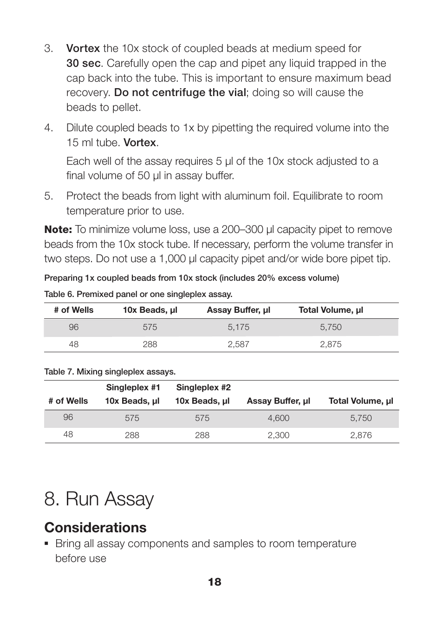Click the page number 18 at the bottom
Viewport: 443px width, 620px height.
coord(215,582)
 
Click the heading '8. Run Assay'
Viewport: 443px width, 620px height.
coord(99,499)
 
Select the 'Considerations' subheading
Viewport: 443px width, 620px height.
coord(95,528)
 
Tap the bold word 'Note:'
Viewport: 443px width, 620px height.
coord(58,229)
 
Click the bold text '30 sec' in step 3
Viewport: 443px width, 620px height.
coord(83,63)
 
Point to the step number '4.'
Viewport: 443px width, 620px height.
coord(49,128)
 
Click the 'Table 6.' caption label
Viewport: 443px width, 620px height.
coord(59,294)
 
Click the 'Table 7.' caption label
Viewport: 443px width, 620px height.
coord(59,372)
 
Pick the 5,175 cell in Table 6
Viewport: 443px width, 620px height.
coord(238,327)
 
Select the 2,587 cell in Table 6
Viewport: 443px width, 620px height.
coord(238,344)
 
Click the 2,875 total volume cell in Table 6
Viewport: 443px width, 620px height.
coord(331,344)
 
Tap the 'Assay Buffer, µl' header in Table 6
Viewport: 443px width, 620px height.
coord(238,310)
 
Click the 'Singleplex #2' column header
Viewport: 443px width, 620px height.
coord(203,387)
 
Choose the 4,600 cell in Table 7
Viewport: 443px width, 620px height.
coord(278,418)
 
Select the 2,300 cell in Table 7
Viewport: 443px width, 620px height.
coord(278,435)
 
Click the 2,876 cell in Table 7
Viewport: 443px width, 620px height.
coord(361,435)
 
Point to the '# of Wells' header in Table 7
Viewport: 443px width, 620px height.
coord(68,401)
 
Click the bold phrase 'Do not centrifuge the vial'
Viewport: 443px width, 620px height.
coord(180,92)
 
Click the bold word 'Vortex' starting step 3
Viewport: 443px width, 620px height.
coord(83,48)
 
